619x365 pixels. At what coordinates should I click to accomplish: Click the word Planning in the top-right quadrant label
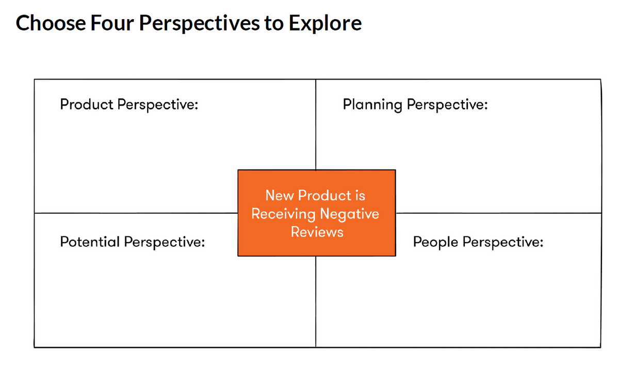tap(372, 105)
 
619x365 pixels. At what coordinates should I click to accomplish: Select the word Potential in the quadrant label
tap(91, 242)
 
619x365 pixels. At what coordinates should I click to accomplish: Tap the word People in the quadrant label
tap(435, 242)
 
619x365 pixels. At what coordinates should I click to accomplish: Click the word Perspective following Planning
tap(447, 105)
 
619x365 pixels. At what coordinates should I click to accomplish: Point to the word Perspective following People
tap(503, 242)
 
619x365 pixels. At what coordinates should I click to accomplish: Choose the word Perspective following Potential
tap(165, 242)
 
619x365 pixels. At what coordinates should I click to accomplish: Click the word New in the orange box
tap(279, 196)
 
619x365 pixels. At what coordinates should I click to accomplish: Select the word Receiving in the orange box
tap(283, 214)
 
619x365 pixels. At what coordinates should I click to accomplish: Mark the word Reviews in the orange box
tap(317, 232)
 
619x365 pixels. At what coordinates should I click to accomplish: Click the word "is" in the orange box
tap(360, 196)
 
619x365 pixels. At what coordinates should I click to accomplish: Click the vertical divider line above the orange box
tap(316, 124)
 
